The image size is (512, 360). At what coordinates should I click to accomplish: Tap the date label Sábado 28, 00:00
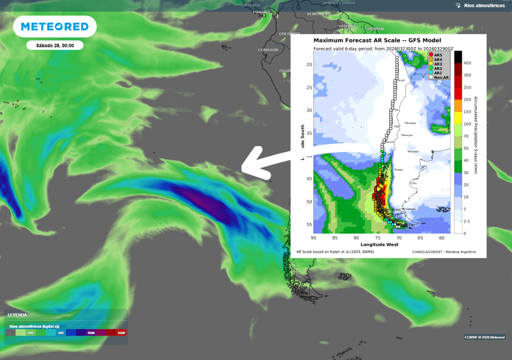55,45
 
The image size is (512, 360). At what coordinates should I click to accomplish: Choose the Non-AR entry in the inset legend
440,77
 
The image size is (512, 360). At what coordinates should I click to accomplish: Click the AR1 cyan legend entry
437,72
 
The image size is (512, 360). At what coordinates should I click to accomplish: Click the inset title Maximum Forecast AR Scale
377,40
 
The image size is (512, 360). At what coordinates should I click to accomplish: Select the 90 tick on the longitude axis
314,238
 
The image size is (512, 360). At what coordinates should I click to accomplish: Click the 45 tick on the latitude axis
309,179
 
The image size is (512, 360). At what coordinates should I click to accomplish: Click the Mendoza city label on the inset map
410,123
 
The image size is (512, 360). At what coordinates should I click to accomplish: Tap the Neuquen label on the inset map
412,151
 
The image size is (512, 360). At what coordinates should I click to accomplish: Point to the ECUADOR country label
268,50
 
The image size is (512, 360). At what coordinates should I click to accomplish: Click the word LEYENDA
17,315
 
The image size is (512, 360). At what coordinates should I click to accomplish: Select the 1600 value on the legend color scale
120,332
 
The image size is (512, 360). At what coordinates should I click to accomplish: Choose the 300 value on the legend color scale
30,332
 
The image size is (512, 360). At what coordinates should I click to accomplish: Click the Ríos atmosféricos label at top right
484,5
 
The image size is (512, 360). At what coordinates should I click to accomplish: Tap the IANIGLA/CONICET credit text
444,251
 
